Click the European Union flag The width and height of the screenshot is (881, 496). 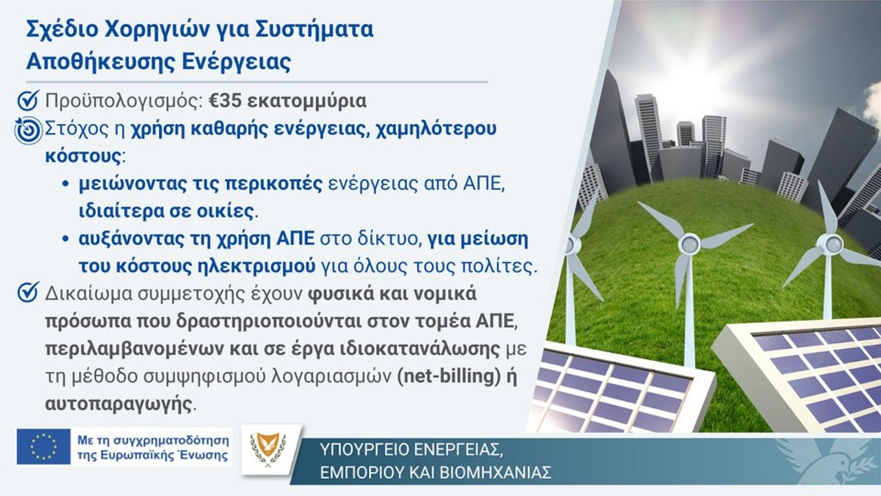click(43, 446)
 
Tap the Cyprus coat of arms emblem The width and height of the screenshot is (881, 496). click(268, 448)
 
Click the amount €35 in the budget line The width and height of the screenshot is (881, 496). click(224, 101)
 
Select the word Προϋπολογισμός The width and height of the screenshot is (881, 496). click(125, 101)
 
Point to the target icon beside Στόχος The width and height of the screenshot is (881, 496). click(28, 130)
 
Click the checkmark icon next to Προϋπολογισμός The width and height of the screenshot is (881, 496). click(28, 101)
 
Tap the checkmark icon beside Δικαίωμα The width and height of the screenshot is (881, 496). click(28, 293)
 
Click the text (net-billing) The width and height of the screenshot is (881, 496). click(449, 376)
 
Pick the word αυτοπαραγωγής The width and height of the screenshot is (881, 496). click(118, 404)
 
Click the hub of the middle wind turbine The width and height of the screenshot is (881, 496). click(689, 245)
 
